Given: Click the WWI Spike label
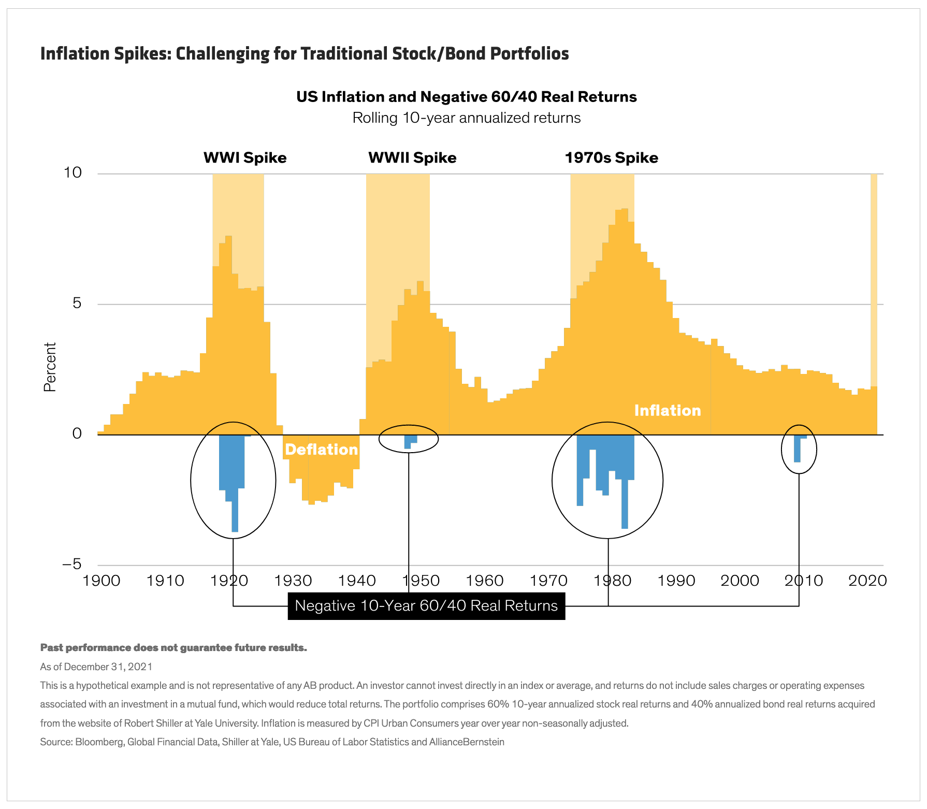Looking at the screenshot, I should (244, 157).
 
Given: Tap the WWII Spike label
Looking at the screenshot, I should (412, 157).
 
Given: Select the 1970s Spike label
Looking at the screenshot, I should (611, 157).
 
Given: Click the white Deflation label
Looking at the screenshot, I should (321, 450).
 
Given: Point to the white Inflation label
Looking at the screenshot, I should (667, 411).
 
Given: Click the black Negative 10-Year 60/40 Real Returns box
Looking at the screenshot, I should (426, 605).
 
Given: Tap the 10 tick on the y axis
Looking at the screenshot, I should (73, 172).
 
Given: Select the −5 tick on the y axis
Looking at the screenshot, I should (72, 564).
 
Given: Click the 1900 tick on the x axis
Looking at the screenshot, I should (102, 581).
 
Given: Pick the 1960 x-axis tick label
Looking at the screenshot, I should (485, 581).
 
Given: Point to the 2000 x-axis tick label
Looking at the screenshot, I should (740, 581).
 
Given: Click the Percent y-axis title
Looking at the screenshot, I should (50, 367).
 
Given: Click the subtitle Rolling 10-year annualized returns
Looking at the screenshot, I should (466, 118).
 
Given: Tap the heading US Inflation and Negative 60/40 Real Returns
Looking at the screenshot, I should (466, 97).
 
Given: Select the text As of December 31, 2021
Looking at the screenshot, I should (96, 667).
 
